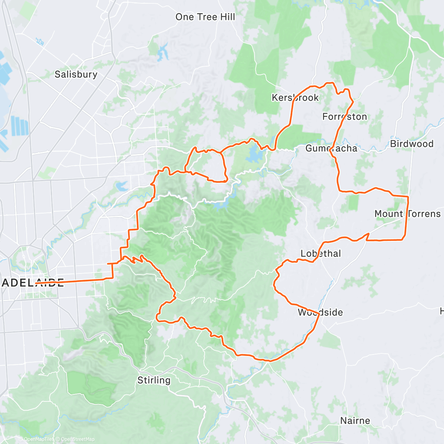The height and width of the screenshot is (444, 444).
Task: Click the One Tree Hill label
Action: click(x=205, y=17)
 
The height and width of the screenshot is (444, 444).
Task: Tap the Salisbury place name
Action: click(x=76, y=74)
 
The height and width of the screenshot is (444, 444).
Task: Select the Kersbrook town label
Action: click(x=295, y=98)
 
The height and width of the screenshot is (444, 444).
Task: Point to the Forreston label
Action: click(x=344, y=117)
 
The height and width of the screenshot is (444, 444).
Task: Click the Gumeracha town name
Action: click(x=331, y=148)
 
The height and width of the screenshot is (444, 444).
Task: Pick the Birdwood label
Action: click(x=411, y=144)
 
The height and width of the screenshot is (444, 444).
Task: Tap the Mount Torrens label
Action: click(x=407, y=214)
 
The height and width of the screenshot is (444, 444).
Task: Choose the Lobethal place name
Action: click(x=320, y=253)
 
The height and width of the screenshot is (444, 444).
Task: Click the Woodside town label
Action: click(x=320, y=312)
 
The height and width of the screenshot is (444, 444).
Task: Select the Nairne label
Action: click(x=355, y=421)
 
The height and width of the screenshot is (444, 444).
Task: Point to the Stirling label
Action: click(x=154, y=380)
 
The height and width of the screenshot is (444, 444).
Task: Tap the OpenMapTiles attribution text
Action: click(x=36, y=439)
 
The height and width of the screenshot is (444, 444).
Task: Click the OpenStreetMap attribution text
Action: click(x=76, y=439)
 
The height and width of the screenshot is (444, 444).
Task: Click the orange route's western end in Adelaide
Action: click(x=36, y=283)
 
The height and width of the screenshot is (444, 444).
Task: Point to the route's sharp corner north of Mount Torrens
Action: click(x=408, y=196)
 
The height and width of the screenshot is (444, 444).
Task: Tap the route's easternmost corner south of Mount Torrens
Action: click(x=403, y=239)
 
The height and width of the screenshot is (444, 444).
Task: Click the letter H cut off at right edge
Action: click(x=442, y=311)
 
